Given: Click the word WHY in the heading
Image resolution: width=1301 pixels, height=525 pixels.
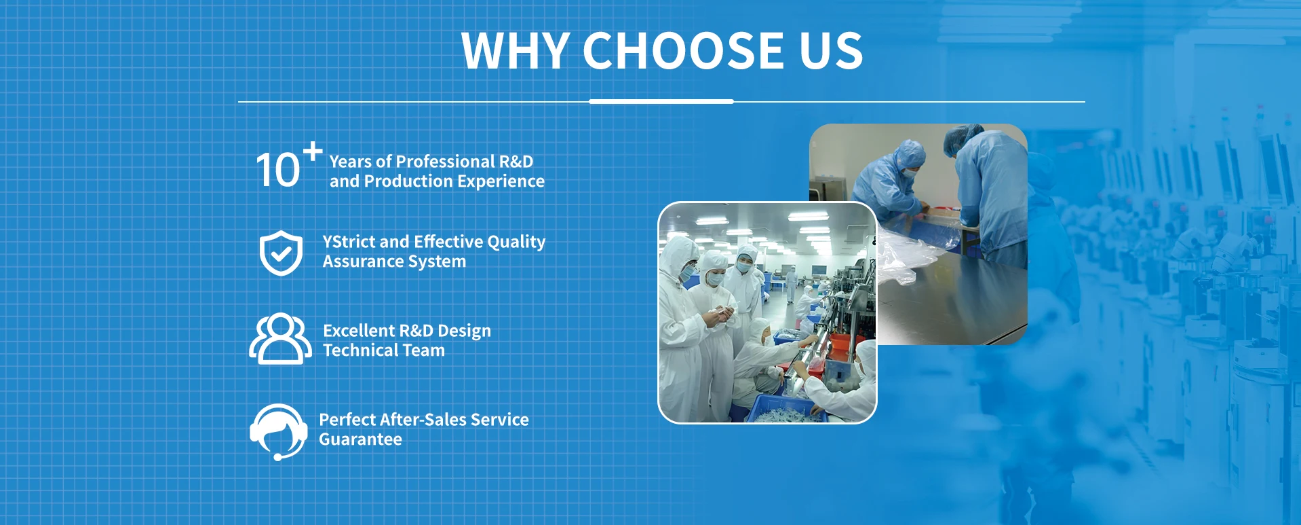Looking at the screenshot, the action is [x=515, y=50].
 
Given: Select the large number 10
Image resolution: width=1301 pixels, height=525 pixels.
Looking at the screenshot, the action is [x=277, y=170].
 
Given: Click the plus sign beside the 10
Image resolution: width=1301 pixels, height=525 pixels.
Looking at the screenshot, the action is [x=313, y=151].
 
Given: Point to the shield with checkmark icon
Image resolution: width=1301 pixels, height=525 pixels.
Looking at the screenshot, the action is [x=281, y=253].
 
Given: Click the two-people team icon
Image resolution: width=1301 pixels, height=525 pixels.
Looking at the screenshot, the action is [x=280, y=338].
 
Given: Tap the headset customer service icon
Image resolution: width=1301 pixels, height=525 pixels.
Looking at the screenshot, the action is [x=278, y=432].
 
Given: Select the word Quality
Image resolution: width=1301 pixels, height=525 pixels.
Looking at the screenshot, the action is [x=516, y=242].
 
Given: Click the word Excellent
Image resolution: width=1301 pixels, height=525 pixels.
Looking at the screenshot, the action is [x=359, y=331].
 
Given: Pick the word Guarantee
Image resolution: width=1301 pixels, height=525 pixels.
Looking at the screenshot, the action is [x=360, y=439].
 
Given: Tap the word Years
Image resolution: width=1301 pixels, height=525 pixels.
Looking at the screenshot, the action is [x=350, y=162].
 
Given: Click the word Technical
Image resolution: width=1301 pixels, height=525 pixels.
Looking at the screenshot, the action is [x=361, y=350].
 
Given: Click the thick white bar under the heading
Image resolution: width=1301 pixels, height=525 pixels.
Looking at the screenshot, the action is [x=661, y=101].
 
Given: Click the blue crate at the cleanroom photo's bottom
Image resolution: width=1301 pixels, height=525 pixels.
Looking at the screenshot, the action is [x=787, y=409].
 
